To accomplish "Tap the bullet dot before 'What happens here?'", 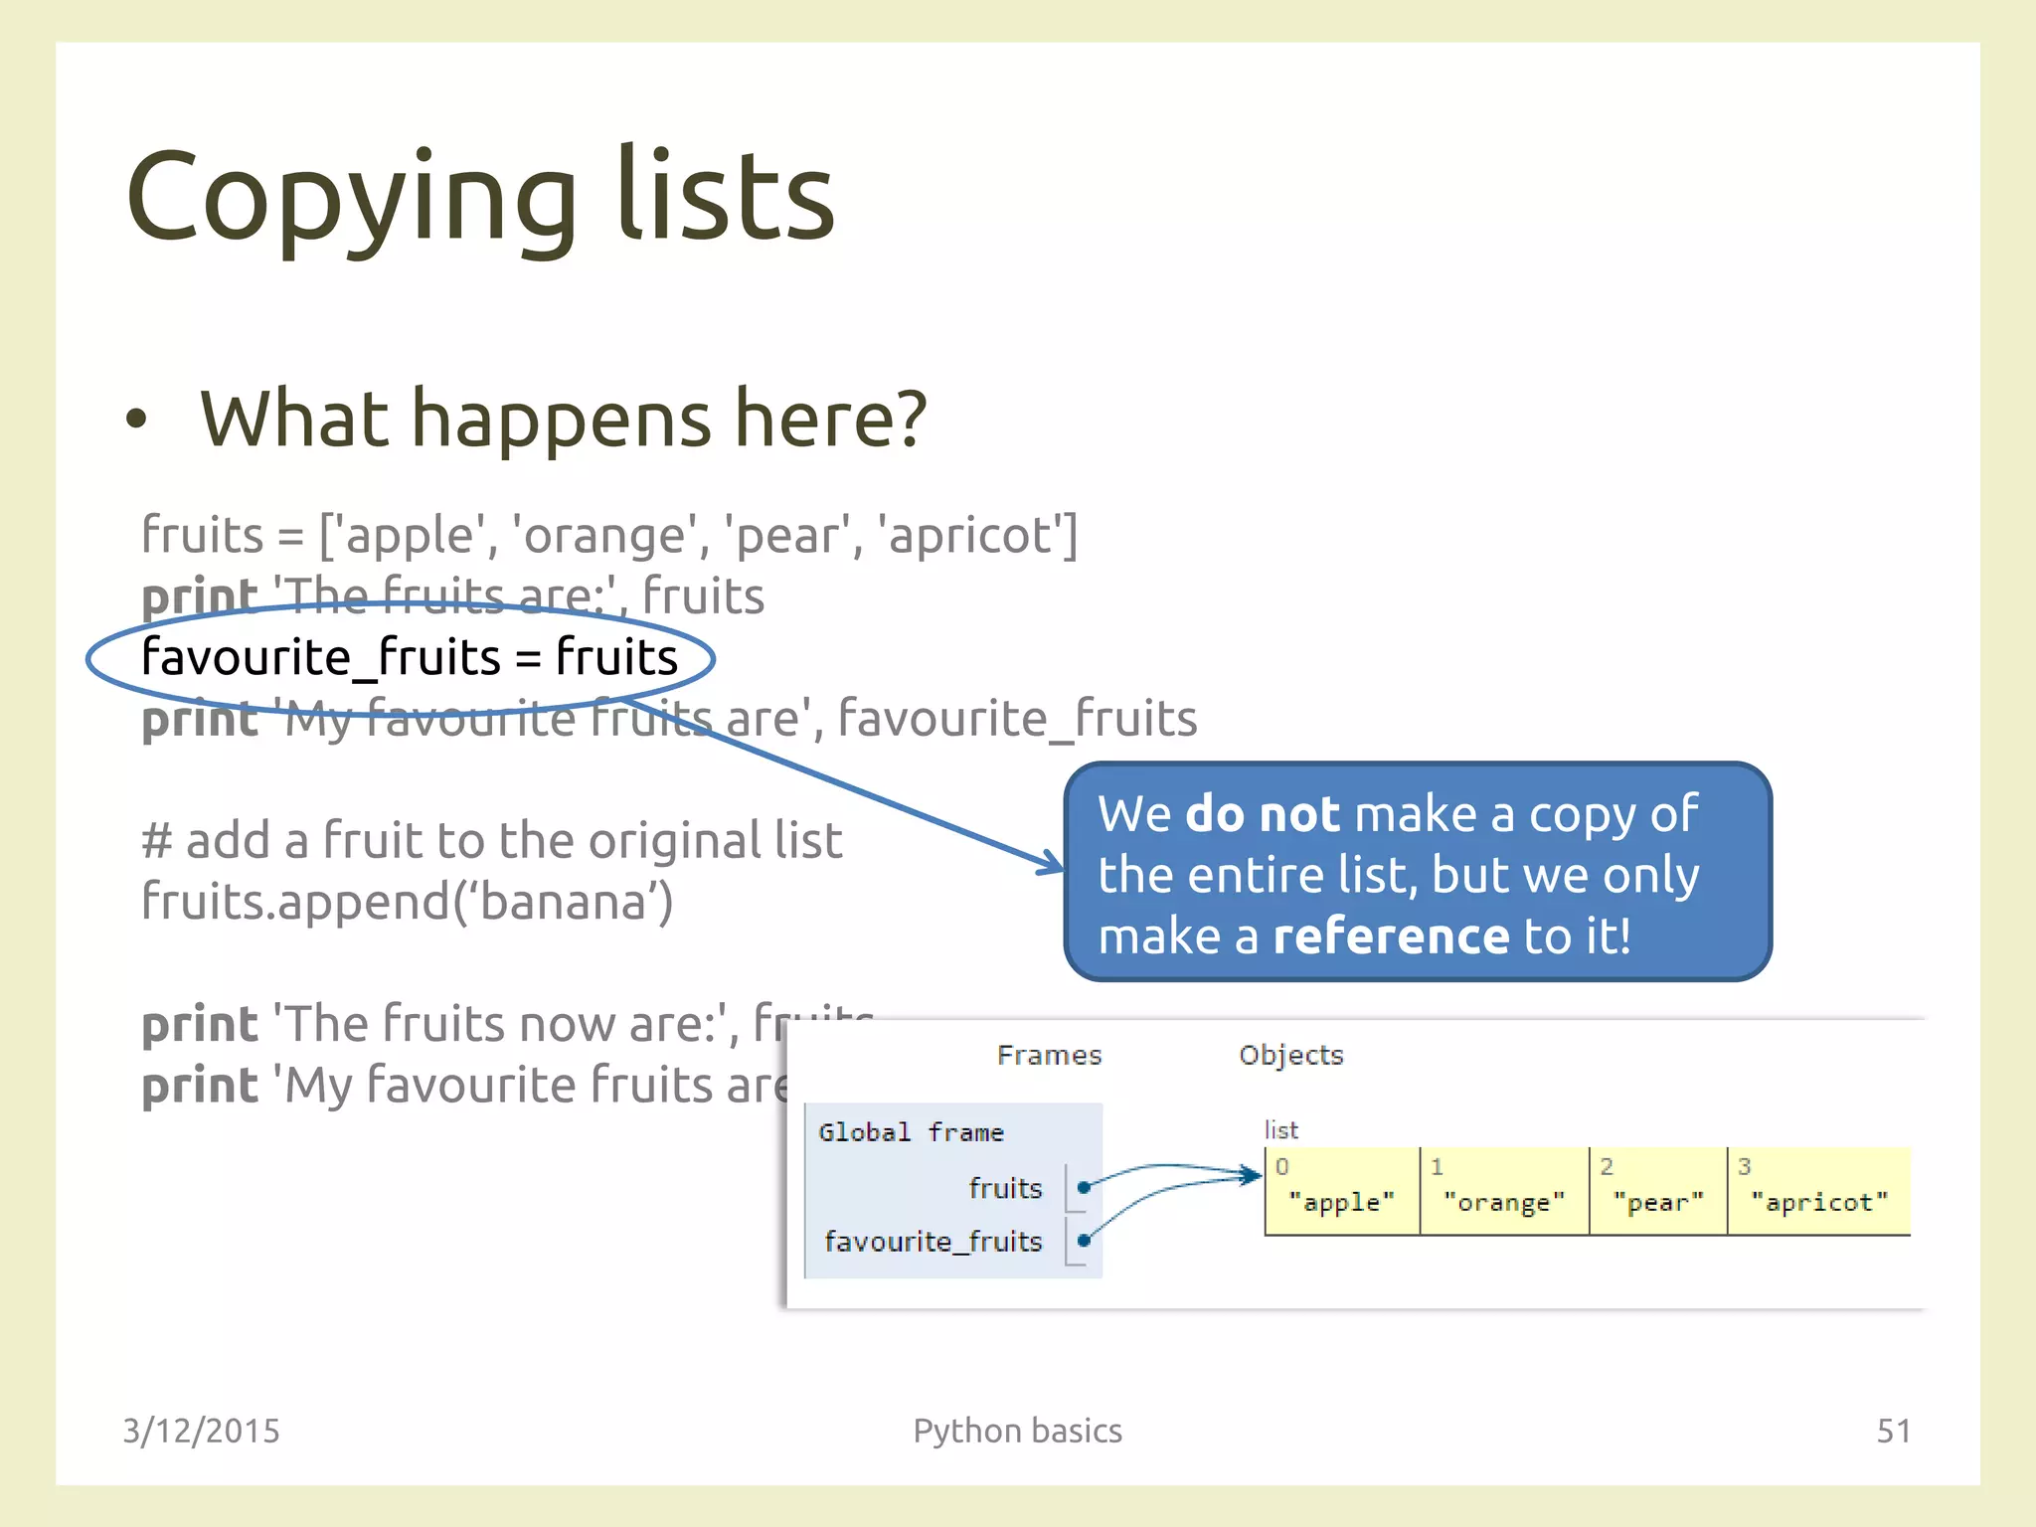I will tap(136, 420).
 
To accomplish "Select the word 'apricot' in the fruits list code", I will tap(968, 535).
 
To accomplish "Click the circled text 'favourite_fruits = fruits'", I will tap(409, 657).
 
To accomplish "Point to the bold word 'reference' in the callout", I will tap(1391, 935).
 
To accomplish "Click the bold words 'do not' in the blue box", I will tap(1263, 814).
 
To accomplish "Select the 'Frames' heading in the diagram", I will tap(1049, 1055).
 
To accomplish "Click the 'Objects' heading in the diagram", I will tap(1290, 1055).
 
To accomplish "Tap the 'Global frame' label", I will tap(911, 1132).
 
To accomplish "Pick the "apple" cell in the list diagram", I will tap(1341, 1193).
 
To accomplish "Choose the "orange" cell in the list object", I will tap(1503, 1193).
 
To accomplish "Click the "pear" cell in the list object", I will tap(1657, 1193).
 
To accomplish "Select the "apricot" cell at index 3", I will tap(1818, 1193).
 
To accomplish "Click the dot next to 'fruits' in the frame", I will tap(1084, 1187).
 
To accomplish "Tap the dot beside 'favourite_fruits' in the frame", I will tap(1084, 1240).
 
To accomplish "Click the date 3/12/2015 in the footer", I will tap(201, 1431).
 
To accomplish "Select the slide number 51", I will tap(1893, 1431).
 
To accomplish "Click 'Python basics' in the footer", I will tap(1017, 1431).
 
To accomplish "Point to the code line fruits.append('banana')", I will tap(407, 902).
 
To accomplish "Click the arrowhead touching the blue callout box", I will tap(1053, 863).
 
